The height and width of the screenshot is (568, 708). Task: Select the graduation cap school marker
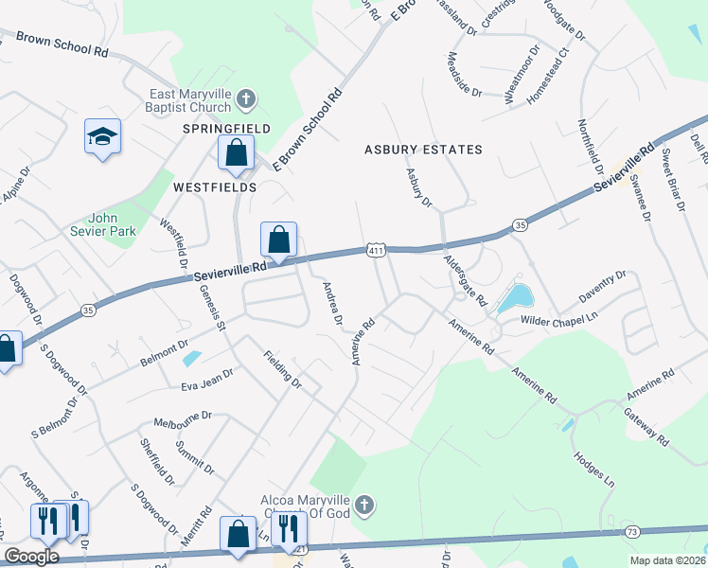pos(101,138)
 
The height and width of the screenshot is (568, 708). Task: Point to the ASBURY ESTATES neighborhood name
pos(423,150)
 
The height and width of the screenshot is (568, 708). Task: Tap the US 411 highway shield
pos(375,249)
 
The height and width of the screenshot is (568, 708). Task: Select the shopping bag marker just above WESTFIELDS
pos(236,152)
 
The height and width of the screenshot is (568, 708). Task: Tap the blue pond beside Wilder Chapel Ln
pos(513,298)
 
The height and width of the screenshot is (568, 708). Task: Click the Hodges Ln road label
pos(593,468)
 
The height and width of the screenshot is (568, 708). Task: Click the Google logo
pos(31,557)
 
